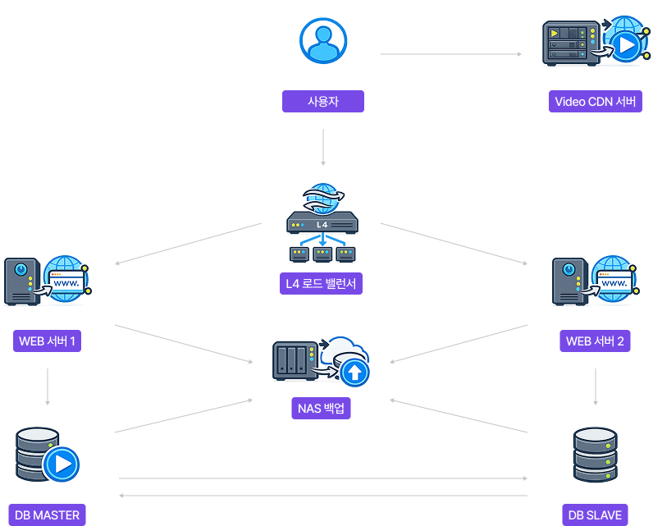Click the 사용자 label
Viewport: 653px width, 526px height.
pyautogui.click(x=323, y=101)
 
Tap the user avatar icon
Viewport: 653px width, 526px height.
pyautogui.click(x=323, y=40)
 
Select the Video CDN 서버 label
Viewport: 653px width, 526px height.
pyautogui.click(x=595, y=102)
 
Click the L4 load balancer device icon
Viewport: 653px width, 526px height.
pyautogui.click(x=322, y=224)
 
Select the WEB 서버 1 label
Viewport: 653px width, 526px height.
pyautogui.click(x=47, y=341)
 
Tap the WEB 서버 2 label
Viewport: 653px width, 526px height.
pyautogui.click(x=596, y=341)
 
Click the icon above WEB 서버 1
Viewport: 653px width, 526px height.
pyautogui.click(x=47, y=281)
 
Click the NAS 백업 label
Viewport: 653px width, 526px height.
pyautogui.click(x=321, y=408)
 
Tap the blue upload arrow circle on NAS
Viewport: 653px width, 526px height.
pyautogui.click(x=354, y=373)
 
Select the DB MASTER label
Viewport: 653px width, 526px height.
pyautogui.click(x=47, y=515)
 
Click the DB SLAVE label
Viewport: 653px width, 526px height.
pyautogui.click(x=596, y=515)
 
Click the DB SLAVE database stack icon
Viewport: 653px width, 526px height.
pyautogui.click(x=596, y=455)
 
